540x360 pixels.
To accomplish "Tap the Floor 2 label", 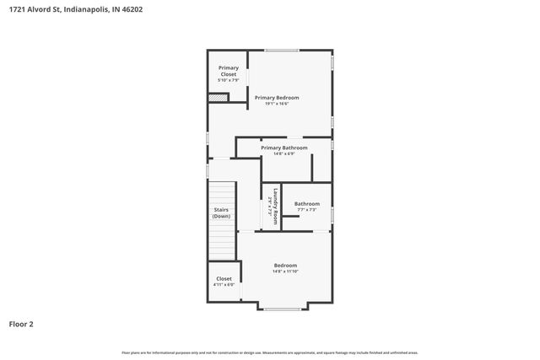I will tap(21, 323).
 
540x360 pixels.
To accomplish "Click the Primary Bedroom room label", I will tap(277, 97).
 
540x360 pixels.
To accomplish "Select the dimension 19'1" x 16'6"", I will tap(277, 104).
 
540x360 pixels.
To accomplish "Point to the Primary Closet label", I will tap(229, 71).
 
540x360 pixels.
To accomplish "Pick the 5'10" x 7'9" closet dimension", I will tap(229, 80).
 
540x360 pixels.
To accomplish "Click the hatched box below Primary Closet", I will tap(218, 97).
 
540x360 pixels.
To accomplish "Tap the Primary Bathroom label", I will tap(283, 148).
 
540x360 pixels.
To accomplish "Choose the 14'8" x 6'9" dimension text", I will tap(283, 153).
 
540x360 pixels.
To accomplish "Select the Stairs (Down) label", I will tap(221, 212).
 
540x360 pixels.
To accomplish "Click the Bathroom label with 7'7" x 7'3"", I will tap(306, 203).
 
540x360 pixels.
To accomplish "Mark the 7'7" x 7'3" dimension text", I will tap(306, 209).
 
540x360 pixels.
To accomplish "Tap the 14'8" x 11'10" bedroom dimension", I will tap(284, 271).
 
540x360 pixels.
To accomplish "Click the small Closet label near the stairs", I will tap(224, 278).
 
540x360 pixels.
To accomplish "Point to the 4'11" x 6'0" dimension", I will tap(224, 285).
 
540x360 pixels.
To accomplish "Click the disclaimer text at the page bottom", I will tap(269, 352).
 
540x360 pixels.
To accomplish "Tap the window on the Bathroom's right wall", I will tap(332, 215).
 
